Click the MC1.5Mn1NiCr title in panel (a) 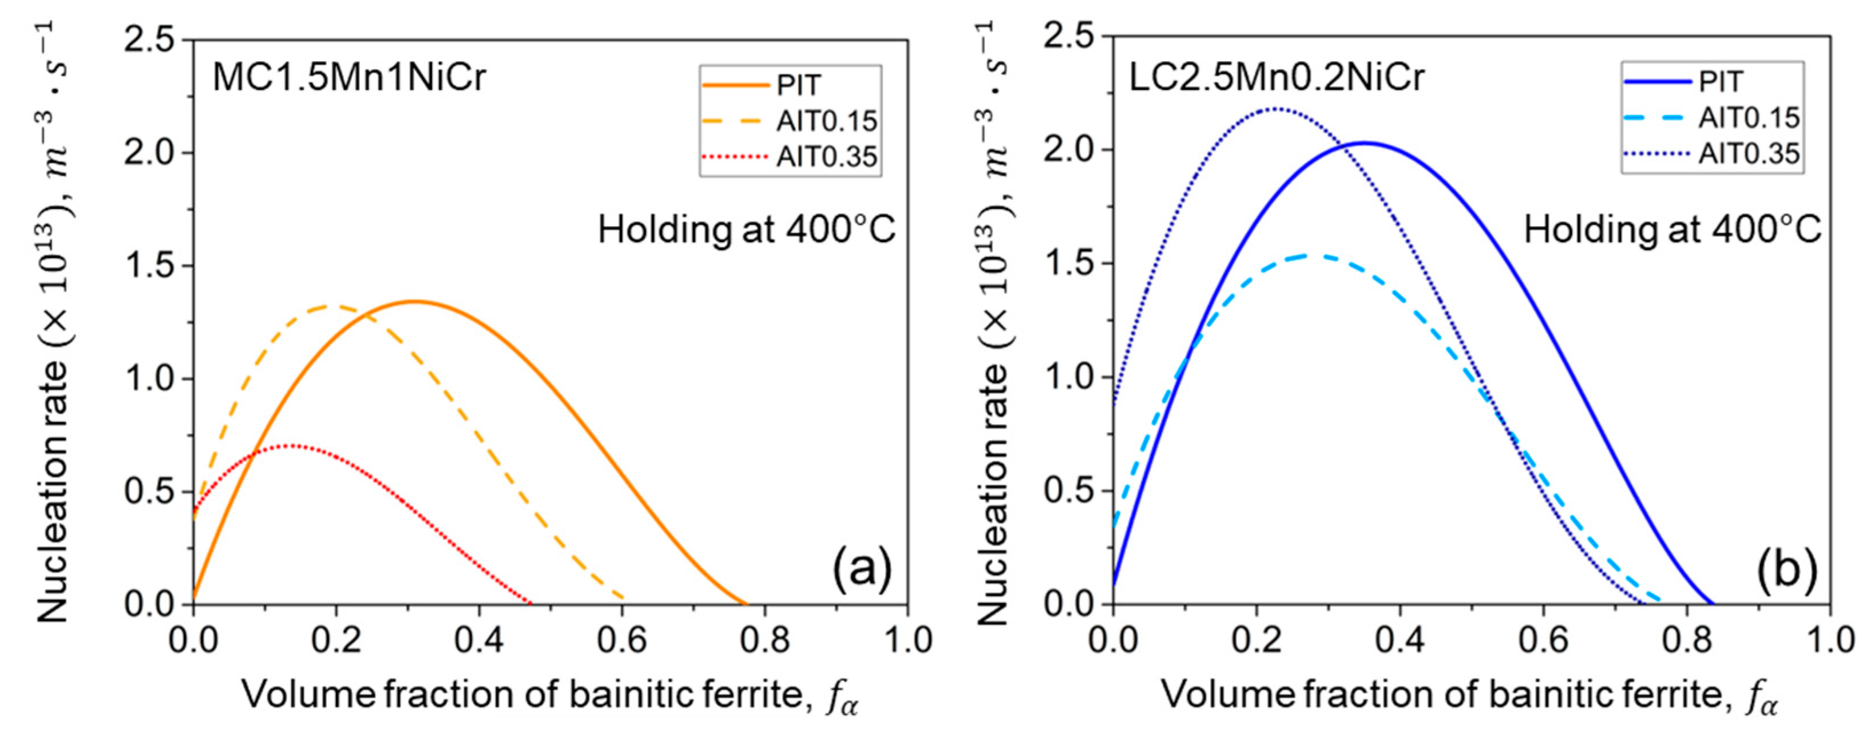tap(348, 77)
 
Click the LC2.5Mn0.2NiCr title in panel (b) tap(1276, 76)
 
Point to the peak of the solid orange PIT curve tap(414, 302)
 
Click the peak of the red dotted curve tap(291, 445)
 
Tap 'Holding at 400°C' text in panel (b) tap(1672, 230)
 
